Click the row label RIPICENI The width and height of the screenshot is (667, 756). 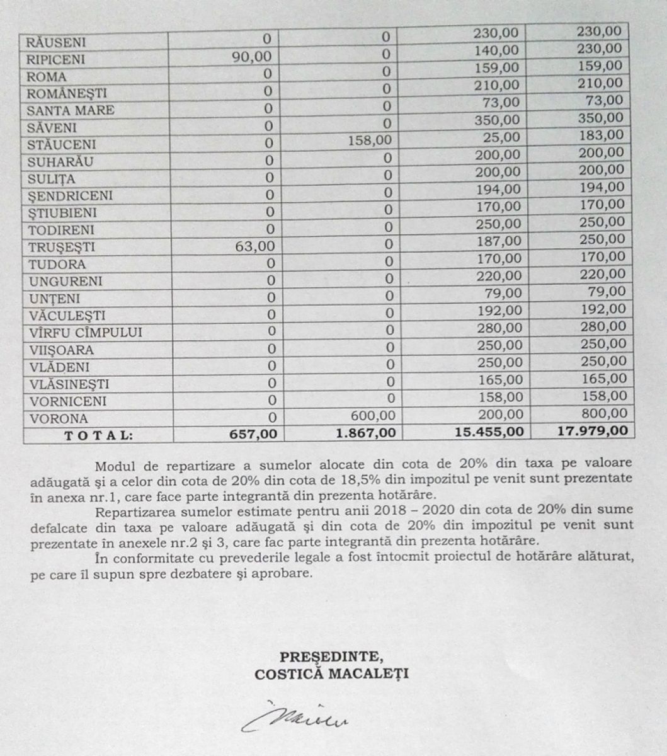(x=56, y=60)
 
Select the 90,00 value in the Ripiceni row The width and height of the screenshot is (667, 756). (x=253, y=57)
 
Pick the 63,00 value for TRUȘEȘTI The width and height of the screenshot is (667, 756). (x=254, y=246)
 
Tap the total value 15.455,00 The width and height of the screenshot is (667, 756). (x=488, y=432)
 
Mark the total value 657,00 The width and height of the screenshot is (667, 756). (x=253, y=434)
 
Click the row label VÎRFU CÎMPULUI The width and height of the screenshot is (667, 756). (x=84, y=333)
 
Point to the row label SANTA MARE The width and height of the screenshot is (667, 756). (x=71, y=110)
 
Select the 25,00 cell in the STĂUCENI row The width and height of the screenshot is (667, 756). (x=503, y=137)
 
